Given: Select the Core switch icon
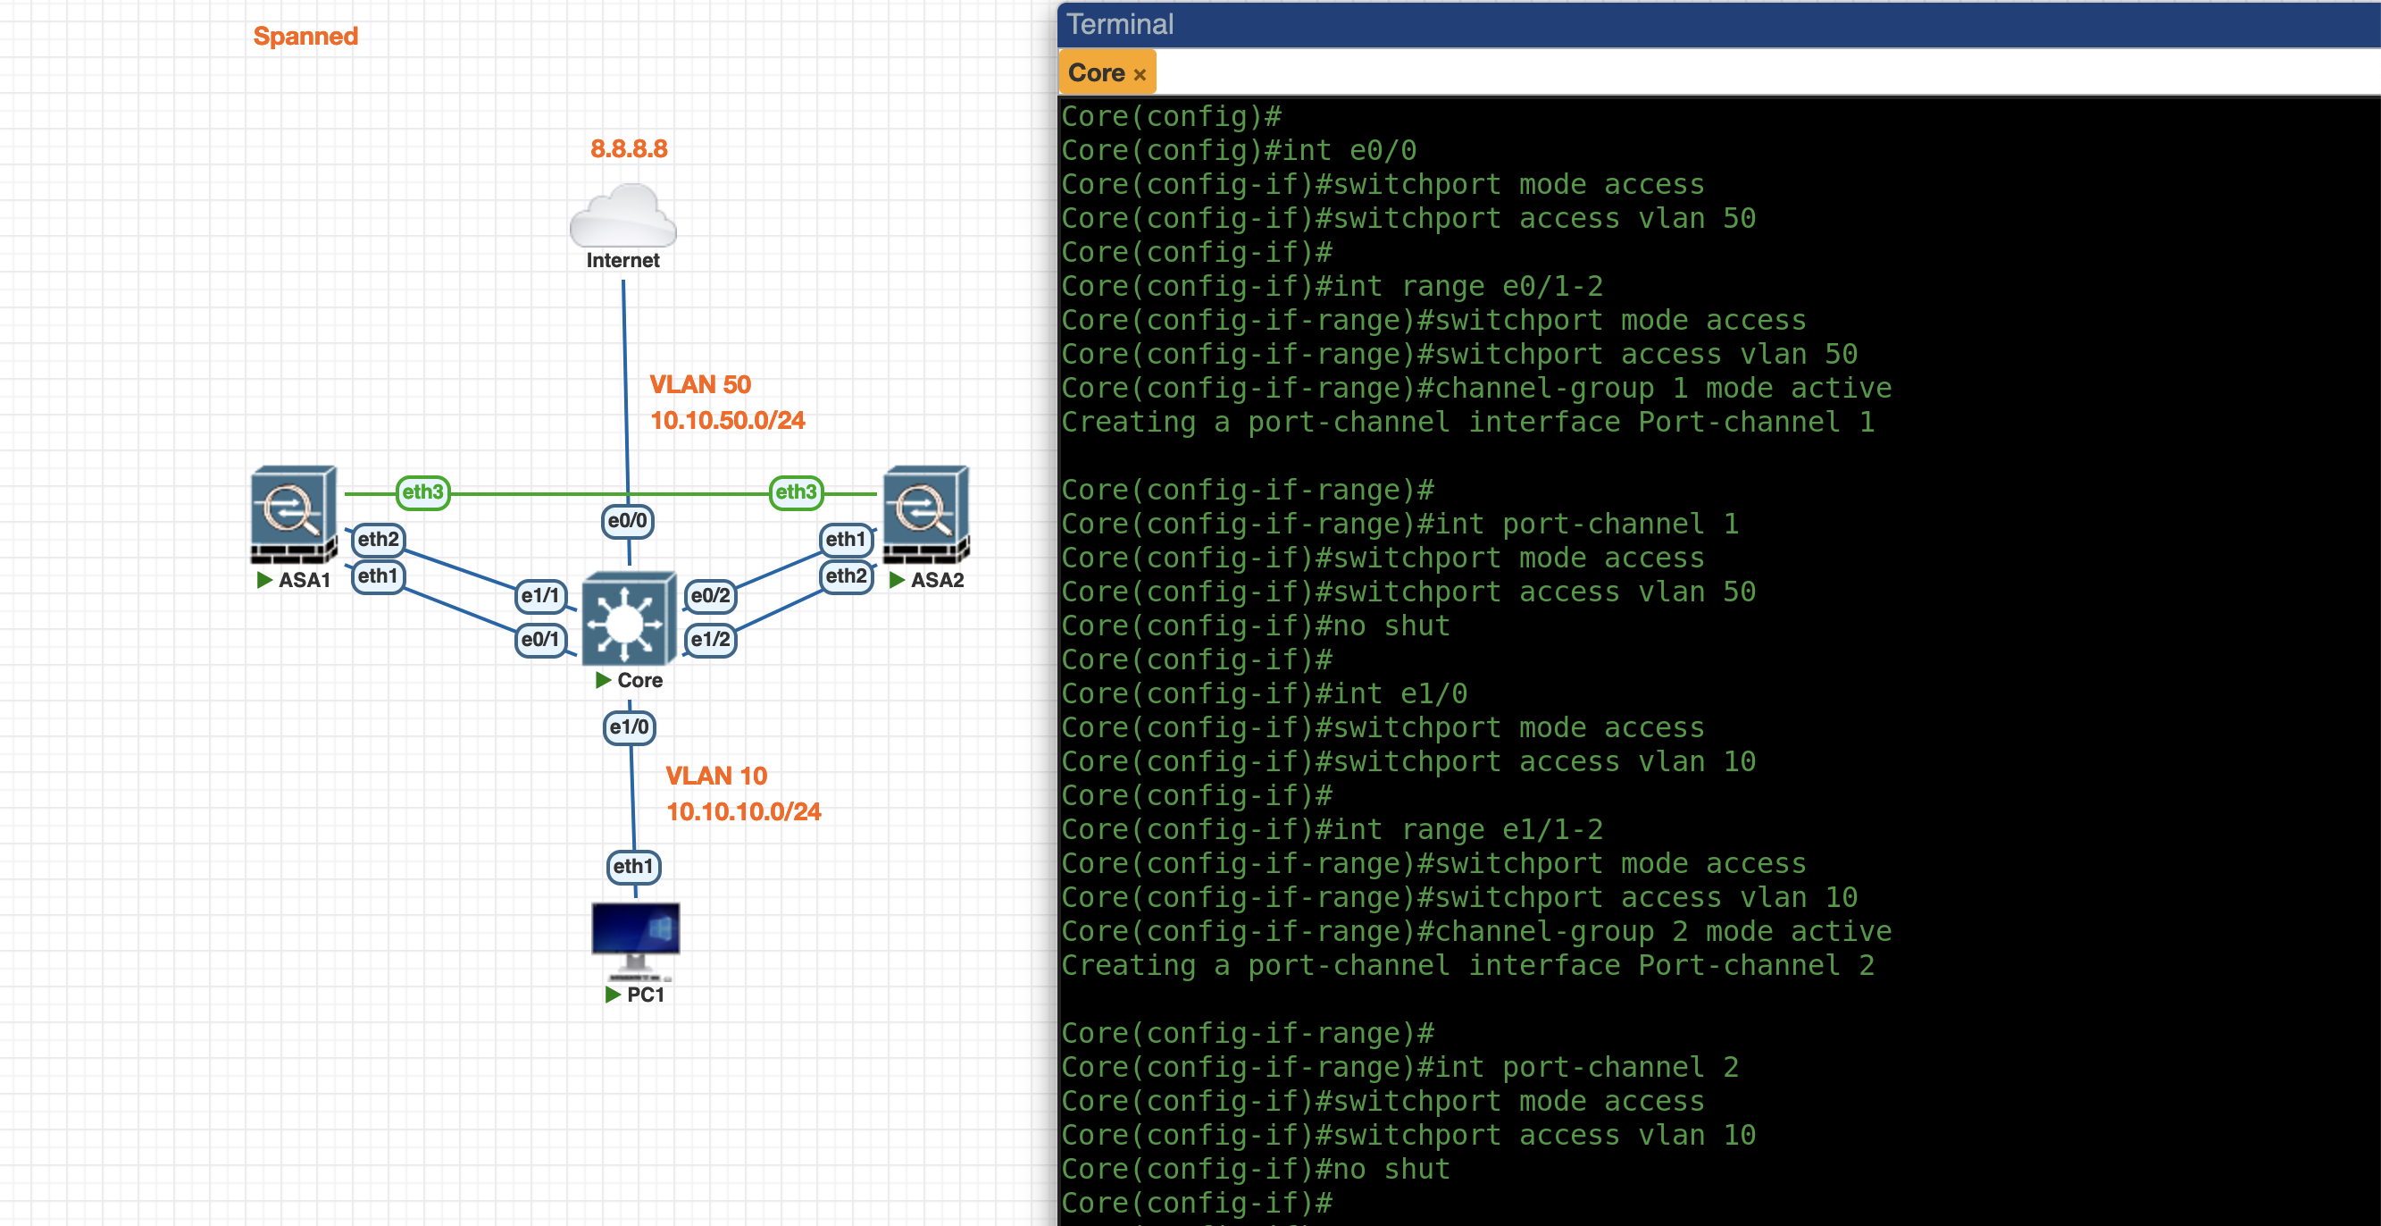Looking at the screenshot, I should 628,618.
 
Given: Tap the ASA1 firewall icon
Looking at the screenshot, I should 293,514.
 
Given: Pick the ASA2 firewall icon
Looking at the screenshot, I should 925,514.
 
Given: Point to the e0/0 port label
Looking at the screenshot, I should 627,521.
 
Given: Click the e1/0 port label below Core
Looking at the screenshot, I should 630,727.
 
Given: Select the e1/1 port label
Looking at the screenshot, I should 539,595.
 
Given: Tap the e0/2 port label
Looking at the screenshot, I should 710,595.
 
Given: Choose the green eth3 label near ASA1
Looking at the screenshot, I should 422,491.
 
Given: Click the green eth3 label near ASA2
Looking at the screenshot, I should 796,491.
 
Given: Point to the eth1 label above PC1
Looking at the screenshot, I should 633,867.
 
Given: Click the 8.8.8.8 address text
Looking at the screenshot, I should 629,149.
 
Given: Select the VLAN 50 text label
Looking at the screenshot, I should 699,384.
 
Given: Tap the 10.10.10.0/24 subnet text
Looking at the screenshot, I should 743,811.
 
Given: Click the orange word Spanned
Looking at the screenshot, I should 305,36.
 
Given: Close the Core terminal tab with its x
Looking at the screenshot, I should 1140,75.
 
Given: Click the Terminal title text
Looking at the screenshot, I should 1119,24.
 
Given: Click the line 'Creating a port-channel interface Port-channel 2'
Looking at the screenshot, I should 1466,965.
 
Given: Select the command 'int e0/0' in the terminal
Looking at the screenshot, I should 1382,150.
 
